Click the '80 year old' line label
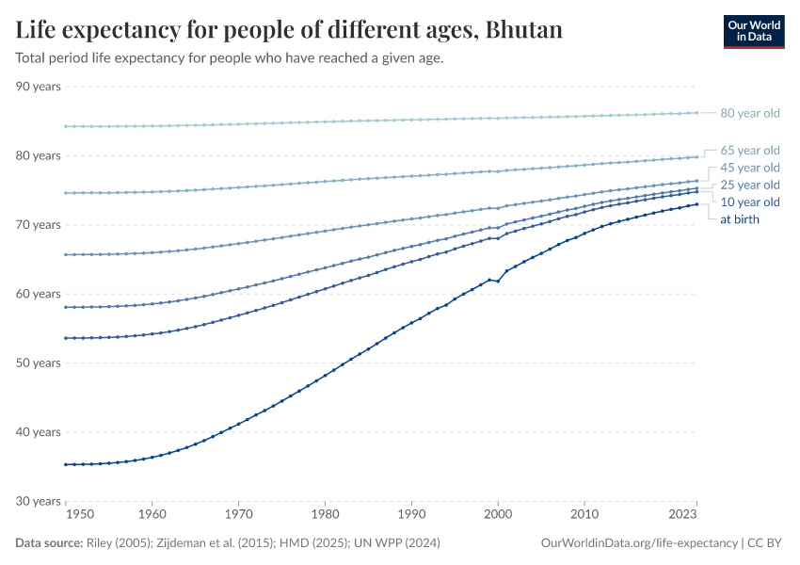pyautogui.click(x=749, y=113)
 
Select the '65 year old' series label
pyautogui.click(x=749, y=150)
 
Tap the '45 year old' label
pyautogui.click(x=749, y=168)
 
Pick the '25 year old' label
pyautogui.click(x=749, y=185)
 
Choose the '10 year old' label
pyautogui.click(x=749, y=202)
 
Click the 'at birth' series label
pyautogui.click(x=739, y=219)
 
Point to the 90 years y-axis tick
pyautogui.click(x=39, y=87)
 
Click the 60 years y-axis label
pyautogui.click(x=39, y=294)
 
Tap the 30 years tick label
pyautogui.click(x=39, y=501)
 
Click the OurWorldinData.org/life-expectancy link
pyautogui.click(x=640, y=543)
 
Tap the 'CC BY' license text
pyautogui.click(x=766, y=543)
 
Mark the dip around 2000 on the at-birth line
pyautogui.click(x=498, y=282)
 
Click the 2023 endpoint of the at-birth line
pyautogui.click(x=696, y=204)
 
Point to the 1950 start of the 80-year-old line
pyautogui.click(x=66, y=126)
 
